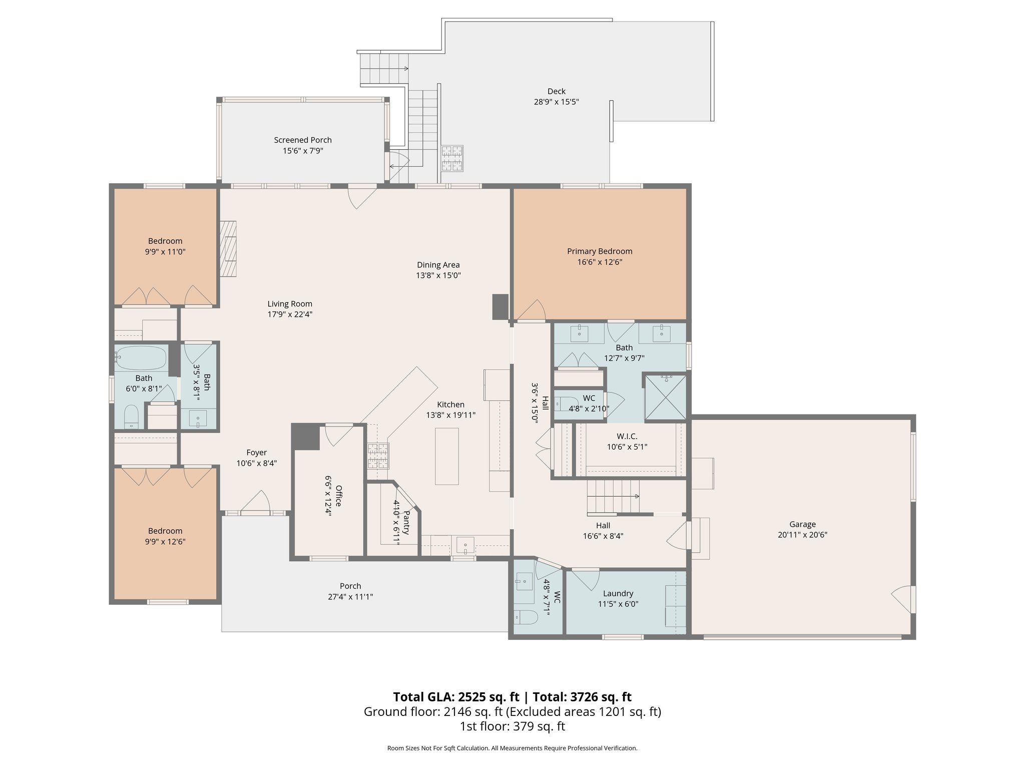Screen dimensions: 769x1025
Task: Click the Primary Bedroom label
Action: [x=599, y=251]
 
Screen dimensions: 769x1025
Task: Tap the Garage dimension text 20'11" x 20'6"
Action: [x=802, y=535]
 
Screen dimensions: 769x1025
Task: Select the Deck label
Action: [x=556, y=91]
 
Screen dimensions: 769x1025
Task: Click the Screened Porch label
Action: [x=302, y=140]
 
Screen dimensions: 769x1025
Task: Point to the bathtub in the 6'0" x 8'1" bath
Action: [x=140, y=357]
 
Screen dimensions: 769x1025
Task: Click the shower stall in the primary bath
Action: [x=664, y=396]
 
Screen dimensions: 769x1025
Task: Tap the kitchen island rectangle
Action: [x=446, y=456]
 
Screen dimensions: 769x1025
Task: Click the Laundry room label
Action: [x=618, y=593]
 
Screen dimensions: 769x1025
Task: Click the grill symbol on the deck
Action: [x=451, y=158]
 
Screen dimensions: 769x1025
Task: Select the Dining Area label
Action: [x=438, y=265]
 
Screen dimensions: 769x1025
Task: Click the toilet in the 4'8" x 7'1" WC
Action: [x=525, y=618]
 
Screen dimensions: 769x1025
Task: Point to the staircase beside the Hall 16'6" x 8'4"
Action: [x=614, y=496]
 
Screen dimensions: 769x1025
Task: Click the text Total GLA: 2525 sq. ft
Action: [x=456, y=697]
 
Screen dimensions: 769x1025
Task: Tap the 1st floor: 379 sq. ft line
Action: [x=512, y=726]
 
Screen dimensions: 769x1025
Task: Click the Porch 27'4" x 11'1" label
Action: [x=350, y=586]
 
